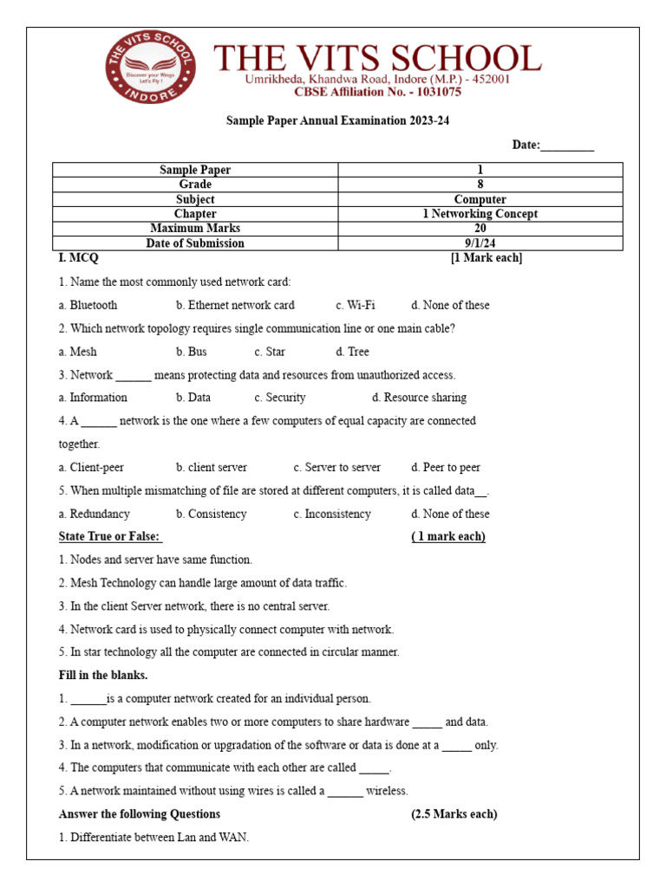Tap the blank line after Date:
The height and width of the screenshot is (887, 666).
(567, 146)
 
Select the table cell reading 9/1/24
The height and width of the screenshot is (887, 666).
(480, 243)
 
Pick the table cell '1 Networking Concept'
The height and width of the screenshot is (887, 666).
(480, 214)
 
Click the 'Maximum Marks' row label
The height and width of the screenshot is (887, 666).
(195, 229)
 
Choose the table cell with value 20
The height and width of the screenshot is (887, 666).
(480, 229)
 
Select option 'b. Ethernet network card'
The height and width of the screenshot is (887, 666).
(235, 305)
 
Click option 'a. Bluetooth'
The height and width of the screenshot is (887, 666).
(88, 305)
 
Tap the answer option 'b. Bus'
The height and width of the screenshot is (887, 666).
(191, 352)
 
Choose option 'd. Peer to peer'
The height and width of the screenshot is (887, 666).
(445, 468)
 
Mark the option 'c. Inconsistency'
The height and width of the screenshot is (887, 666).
(331, 514)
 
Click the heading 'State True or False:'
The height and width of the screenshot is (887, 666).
(110, 537)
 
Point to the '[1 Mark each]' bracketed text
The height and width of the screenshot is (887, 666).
(486, 258)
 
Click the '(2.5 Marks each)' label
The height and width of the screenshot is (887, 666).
(454, 814)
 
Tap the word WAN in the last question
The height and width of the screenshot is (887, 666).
(235, 838)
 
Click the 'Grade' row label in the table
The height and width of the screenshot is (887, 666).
(195, 185)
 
